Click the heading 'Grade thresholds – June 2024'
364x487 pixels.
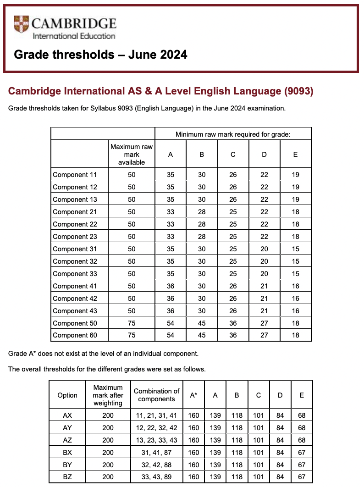point(100,55)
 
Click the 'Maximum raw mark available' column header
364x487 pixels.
point(132,155)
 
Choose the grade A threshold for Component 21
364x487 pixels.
point(171,212)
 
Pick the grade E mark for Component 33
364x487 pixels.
point(295,274)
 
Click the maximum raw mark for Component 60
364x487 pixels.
point(132,335)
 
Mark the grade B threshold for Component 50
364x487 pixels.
point(202,323)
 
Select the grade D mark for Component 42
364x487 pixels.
point(264,299)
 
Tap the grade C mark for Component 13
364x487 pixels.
point(233,199)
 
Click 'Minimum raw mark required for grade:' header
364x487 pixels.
point(233,134)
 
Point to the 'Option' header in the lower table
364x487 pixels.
point(67,395)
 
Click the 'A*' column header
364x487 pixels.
point(193,395)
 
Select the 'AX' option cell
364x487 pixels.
point(67,415)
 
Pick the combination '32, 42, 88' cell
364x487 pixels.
point(156,465)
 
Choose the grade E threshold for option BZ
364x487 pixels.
point(301,477)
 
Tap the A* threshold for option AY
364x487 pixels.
point(193,428)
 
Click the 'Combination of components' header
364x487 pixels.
point(156,395)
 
